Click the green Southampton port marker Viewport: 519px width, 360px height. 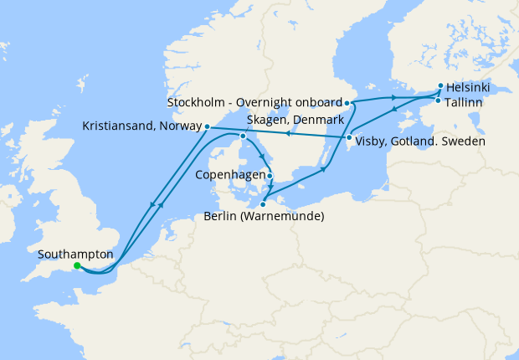(76, 265)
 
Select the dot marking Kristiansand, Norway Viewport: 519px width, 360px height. (207, 126)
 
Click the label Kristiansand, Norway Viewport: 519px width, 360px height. (141, 126)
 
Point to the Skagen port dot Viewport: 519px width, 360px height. (243, 136)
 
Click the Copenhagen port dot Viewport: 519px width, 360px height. (270, 176)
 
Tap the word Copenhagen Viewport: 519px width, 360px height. (230, 176)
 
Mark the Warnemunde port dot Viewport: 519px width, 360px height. (263, 203)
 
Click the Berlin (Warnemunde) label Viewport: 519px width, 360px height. (264, 217)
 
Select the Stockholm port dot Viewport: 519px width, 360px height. (347, 103)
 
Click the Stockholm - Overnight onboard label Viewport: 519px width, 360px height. (254, 103)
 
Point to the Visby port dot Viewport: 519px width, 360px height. (348, 138)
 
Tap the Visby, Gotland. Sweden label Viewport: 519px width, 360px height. (414, 141)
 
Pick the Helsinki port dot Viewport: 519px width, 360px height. (440, 85)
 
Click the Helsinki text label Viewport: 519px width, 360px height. (469, 87)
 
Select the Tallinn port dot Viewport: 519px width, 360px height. (436, 101)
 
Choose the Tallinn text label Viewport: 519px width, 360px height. (464, 102)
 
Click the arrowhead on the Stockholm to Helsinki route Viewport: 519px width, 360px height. (393, 97)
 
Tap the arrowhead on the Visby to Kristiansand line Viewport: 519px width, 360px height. (285, 132)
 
